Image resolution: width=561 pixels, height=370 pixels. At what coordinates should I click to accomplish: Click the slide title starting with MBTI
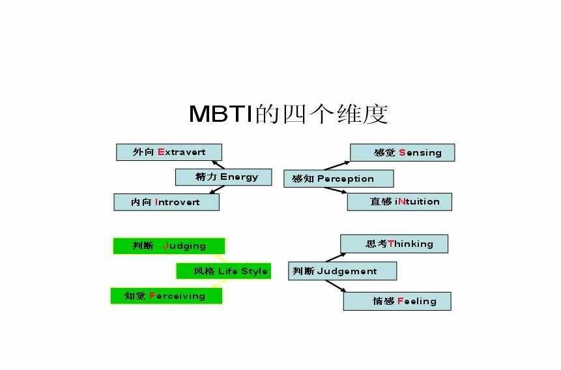289,114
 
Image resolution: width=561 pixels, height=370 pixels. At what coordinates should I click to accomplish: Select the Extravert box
169,152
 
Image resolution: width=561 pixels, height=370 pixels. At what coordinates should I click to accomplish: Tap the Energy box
223,177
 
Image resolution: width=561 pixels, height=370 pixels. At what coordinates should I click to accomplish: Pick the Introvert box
166,202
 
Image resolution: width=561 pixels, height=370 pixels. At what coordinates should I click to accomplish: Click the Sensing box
403,152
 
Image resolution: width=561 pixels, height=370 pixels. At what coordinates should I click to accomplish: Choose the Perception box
338,178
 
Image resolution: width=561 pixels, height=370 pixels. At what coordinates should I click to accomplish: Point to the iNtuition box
399,202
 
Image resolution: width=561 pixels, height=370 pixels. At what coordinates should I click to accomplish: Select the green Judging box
169,246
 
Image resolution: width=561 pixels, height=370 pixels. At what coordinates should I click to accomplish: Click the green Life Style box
223,271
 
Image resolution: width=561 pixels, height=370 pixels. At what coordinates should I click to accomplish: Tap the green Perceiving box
166,296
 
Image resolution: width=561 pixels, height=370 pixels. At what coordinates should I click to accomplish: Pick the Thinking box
394,244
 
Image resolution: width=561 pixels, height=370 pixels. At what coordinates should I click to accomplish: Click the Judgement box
342,271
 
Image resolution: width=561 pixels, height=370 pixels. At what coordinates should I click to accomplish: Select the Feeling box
397,302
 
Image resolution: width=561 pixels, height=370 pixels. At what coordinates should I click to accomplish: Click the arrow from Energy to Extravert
218,165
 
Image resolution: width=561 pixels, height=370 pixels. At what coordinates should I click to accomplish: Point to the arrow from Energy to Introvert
217,190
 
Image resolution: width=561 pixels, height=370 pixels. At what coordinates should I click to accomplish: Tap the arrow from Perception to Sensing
337,165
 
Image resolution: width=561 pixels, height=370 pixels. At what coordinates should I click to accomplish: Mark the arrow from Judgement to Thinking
336,257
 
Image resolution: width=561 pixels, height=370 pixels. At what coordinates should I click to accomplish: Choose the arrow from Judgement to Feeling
336,286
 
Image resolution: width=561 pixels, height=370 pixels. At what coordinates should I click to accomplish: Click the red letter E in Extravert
161,152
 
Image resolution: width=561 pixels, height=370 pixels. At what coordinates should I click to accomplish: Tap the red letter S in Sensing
402,152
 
